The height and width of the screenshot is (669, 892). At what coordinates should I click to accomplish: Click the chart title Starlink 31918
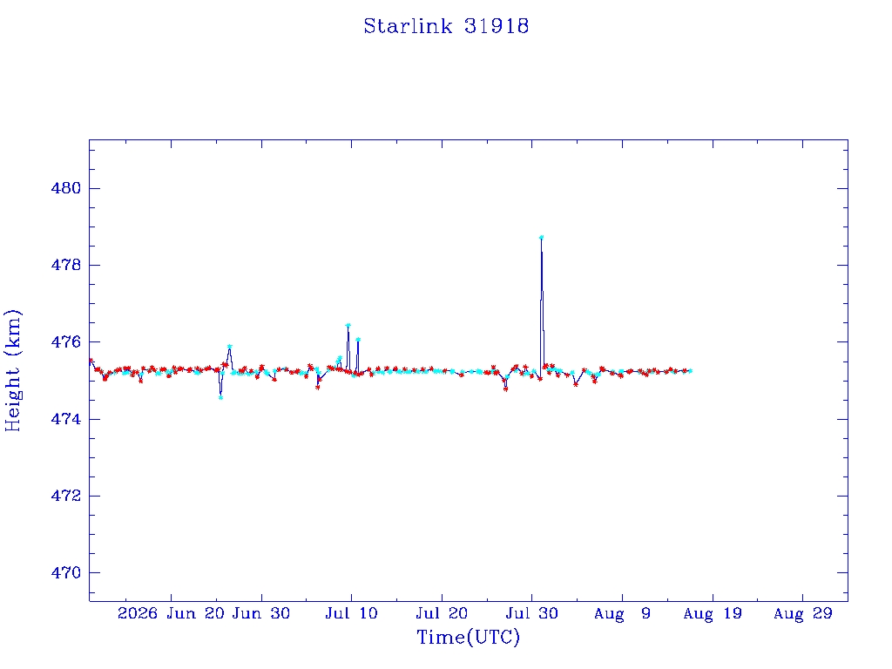447,26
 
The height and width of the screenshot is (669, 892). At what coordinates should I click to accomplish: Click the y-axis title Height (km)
12,370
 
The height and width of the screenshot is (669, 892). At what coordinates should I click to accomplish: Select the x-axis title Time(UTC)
468,637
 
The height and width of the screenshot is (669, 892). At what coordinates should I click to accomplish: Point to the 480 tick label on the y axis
66,188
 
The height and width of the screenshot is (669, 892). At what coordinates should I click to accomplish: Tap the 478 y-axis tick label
66,265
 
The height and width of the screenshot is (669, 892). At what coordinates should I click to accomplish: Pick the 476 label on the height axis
66,341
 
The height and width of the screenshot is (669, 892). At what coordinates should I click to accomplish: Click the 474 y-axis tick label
66,419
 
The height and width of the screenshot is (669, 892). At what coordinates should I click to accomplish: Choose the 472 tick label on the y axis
66,496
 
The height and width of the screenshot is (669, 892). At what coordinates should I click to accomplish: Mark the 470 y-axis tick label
66,573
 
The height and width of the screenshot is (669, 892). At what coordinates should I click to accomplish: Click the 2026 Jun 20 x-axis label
172,613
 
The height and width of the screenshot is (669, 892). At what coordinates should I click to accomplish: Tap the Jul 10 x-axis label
352,613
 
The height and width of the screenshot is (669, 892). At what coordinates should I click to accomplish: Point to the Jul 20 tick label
442,613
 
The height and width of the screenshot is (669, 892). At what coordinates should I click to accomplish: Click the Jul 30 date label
532,613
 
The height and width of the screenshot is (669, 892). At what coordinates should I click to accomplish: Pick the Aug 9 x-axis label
622,614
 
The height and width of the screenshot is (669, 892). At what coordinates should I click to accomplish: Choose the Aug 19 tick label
713,614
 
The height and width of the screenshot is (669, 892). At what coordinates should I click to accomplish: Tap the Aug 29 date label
802,614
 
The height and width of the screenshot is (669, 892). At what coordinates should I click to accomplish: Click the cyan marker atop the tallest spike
542,237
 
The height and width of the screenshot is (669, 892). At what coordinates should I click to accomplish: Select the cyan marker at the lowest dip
220,397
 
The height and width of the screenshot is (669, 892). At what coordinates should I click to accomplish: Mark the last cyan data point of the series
690,371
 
